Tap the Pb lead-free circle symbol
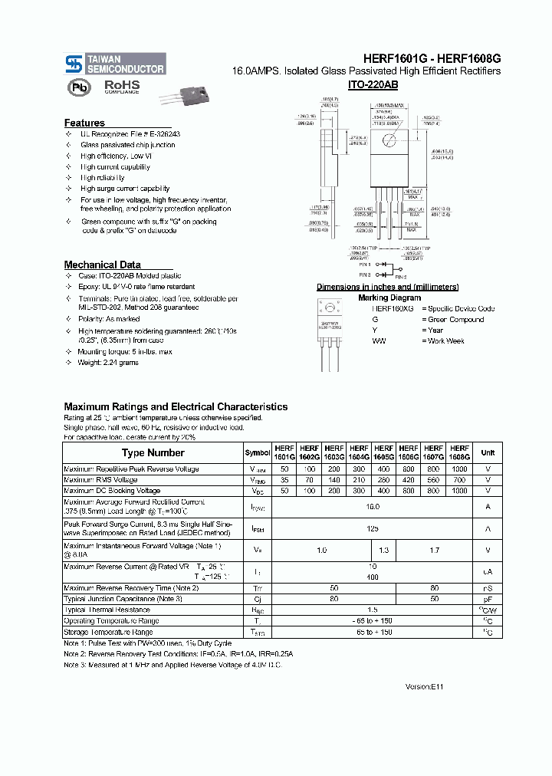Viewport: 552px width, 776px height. click(x=77, y=87)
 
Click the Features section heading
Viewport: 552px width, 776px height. click(x=84, y=123)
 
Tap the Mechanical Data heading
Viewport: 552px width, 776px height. click(x=102, y=265)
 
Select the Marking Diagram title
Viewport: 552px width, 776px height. click(x=389, y=298)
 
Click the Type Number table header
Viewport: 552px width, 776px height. click(x=153, y=452)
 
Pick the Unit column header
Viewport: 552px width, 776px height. click(x=488, y=452)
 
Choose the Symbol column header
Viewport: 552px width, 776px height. click(x=257, y=452)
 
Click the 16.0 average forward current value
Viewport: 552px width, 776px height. click(x=372, y=506)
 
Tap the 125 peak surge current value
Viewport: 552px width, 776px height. click(x=372, y=528)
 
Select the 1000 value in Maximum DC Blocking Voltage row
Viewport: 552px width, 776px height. click(x=459, y=490)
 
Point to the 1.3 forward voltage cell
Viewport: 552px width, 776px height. click(x=383, y=550)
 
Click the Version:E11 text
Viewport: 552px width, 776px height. click(x=424, y=687)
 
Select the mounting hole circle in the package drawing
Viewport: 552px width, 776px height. click(x=390, y=140)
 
